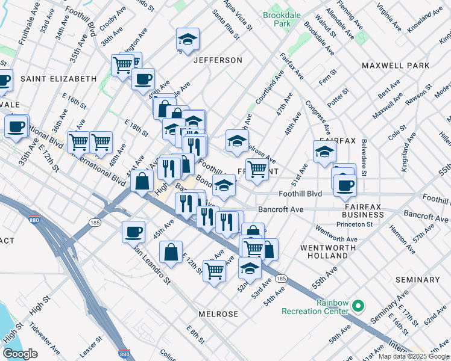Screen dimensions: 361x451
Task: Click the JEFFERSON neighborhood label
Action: point(218,60)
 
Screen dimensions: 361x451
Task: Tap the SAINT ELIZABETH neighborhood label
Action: point(58,79)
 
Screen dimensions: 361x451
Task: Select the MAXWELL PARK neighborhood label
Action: point(396,66)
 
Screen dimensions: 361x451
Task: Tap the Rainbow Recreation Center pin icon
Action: point(358,306)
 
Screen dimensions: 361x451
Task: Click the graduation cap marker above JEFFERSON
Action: point(188,40)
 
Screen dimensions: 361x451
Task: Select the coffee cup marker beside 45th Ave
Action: point(134,231)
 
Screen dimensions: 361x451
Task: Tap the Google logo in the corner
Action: point(20,354)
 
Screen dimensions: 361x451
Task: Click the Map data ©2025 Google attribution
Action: point(413,356)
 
